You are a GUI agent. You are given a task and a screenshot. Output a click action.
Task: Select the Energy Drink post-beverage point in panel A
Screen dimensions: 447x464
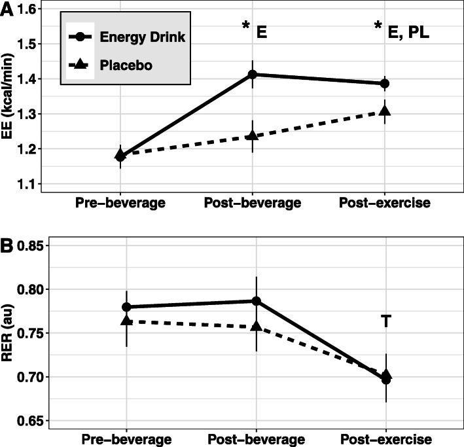click(253, 75)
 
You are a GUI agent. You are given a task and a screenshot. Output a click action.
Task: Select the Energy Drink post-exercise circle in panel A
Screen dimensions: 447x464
click(385, 84)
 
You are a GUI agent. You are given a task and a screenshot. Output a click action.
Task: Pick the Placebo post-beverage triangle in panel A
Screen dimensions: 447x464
click(253, 135)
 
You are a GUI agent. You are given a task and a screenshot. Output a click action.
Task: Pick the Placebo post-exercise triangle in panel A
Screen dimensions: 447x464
click(385, 111)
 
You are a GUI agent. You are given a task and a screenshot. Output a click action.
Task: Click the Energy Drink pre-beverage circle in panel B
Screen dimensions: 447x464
click(126, 307)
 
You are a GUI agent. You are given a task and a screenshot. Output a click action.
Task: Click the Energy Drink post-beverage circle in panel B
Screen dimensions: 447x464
click(257, 301)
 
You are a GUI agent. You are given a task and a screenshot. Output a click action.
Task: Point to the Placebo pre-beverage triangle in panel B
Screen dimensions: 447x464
click(126, 321)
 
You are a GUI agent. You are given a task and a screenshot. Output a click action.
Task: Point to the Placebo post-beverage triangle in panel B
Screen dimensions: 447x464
click(257, 326)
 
